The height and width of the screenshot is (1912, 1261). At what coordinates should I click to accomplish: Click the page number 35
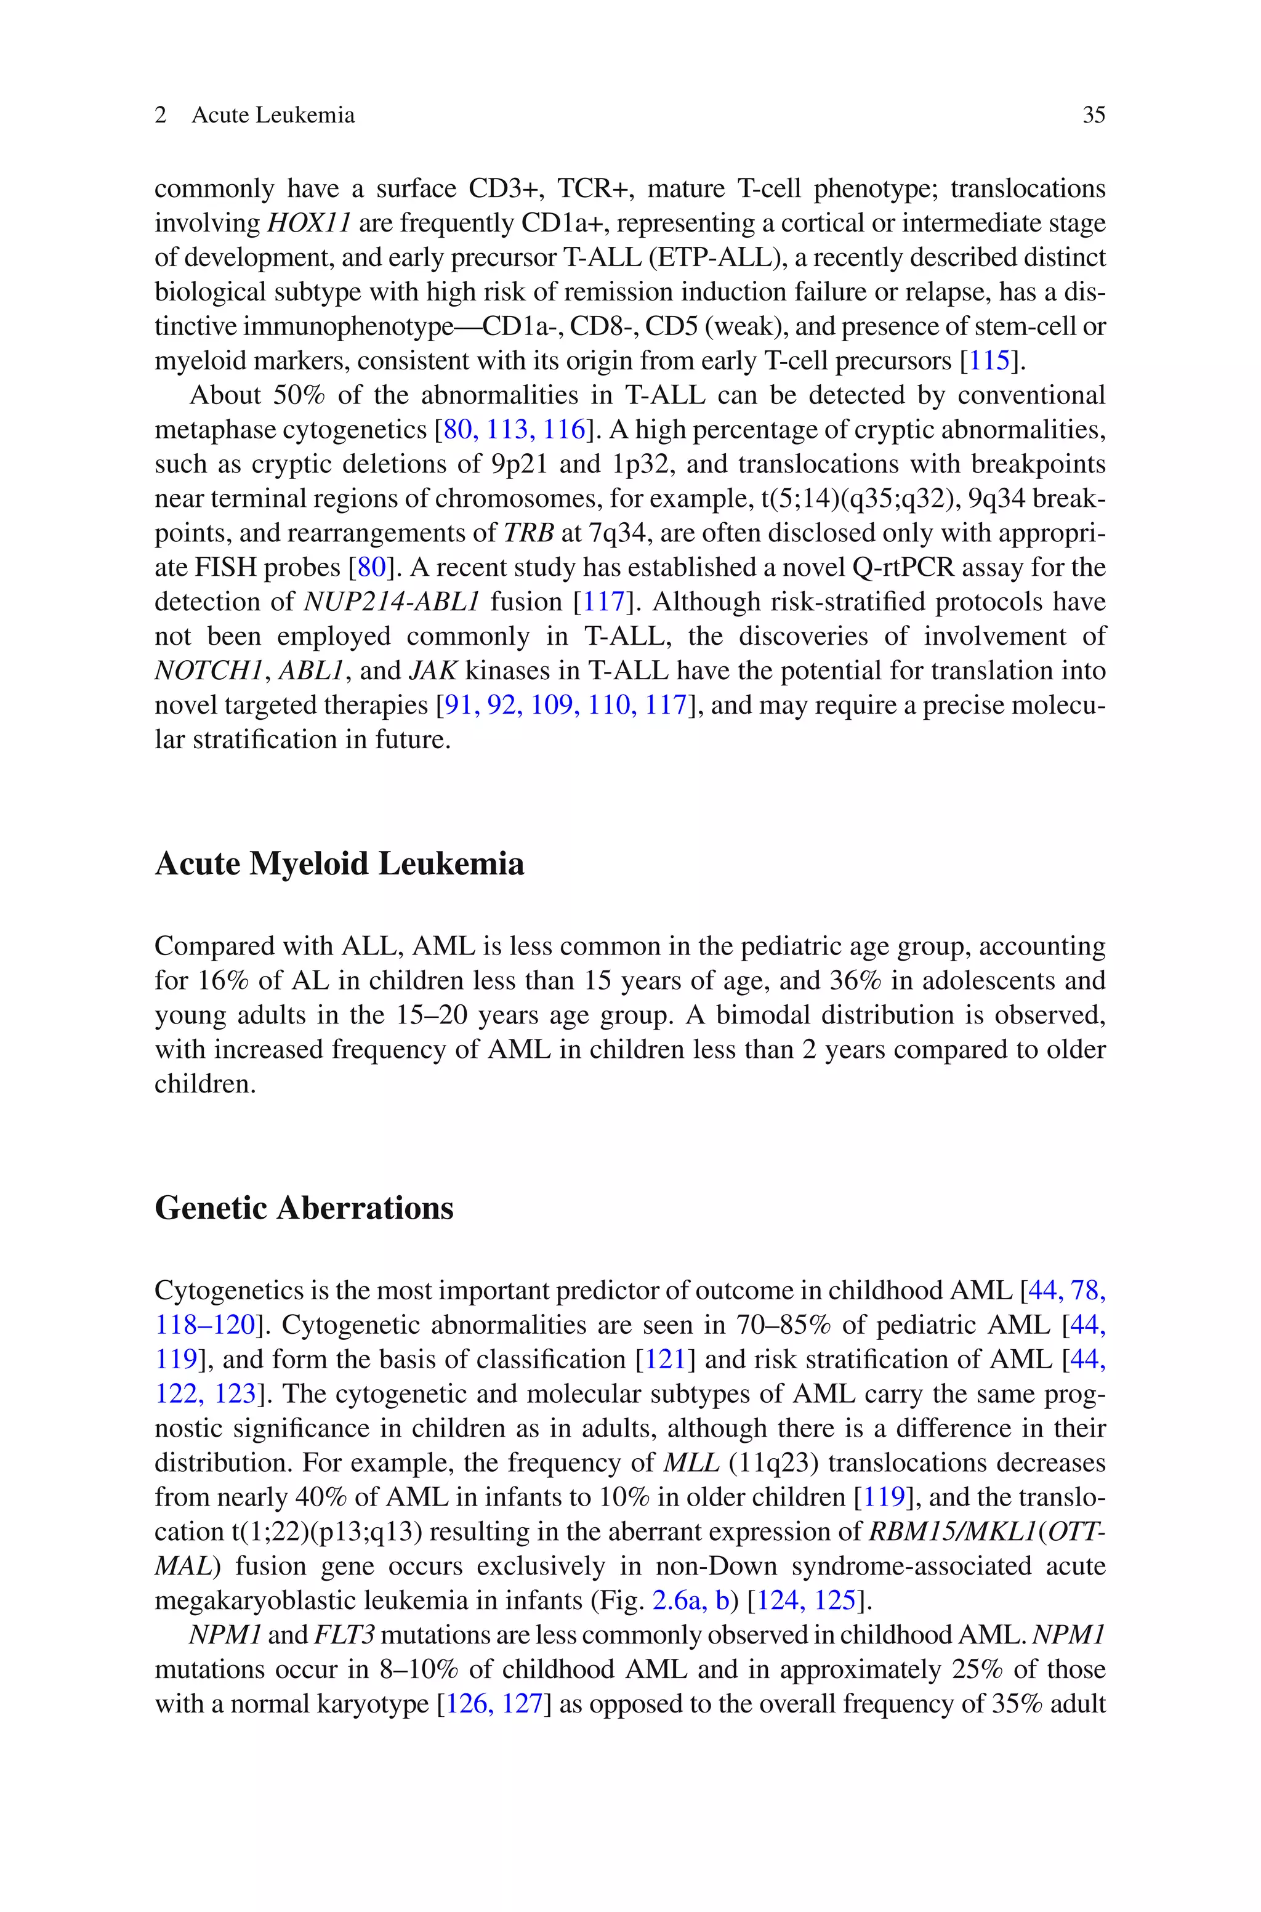pos(1094,115)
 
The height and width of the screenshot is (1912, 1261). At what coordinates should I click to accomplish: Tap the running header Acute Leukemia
pos(273,115)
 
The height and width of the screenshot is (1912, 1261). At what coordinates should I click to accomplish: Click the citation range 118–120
pos(205,1325)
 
